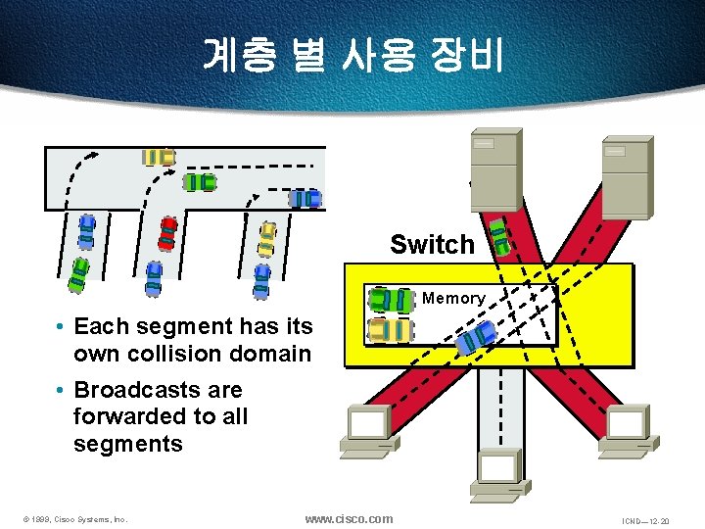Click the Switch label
pos(432,245)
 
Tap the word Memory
pos(453,298)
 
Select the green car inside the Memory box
pos(392,301)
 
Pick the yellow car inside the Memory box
pos(391,329)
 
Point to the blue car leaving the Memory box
pos(477,338)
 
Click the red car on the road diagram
pos(167,234)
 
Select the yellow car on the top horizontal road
pos(159,157)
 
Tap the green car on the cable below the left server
pos(499,236)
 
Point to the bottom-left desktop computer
pos(368,432)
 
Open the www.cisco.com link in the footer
pos(349,518)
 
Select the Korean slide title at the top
pos(352,56)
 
